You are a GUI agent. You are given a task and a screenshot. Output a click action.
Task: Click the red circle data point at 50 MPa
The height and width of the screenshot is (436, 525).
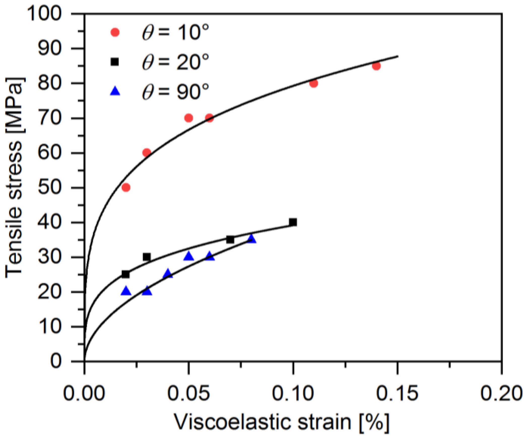126,188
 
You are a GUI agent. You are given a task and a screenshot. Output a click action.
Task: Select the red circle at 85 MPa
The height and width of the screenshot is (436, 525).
376,66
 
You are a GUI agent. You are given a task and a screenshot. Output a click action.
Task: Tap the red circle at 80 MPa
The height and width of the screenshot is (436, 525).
313,83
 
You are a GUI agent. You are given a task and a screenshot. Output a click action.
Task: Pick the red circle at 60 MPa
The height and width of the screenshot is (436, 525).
147,153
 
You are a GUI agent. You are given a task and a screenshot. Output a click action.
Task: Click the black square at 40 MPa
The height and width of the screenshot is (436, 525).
293,222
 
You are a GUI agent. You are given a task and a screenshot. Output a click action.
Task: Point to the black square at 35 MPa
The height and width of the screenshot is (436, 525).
230,240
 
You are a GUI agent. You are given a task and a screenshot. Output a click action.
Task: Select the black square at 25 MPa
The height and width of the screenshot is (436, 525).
126,274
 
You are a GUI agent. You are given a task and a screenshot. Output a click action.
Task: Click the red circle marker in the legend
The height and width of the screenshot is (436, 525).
115,32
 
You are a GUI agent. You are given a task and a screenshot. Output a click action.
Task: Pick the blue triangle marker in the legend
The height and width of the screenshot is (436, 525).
115,91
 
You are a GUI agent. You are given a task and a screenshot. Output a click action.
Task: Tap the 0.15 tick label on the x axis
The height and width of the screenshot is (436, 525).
397,393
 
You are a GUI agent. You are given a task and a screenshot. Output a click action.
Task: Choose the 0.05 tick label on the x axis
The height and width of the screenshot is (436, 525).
189,393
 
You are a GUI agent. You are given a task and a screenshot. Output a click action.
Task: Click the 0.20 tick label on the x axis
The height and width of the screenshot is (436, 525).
501,393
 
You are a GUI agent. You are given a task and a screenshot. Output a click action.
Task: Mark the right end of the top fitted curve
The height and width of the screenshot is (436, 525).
398,56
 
